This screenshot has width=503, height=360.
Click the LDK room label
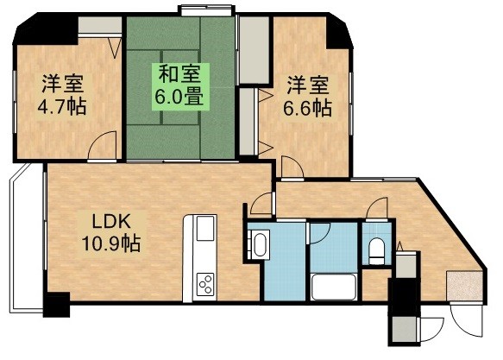110,221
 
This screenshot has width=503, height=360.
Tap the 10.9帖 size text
111,243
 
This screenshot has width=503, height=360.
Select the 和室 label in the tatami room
180,74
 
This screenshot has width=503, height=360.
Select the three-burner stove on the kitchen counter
204,284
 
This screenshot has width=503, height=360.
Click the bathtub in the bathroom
334,287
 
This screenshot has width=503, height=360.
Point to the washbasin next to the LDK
260,245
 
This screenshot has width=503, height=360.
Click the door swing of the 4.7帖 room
102,145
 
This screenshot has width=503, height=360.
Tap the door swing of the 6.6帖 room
292,167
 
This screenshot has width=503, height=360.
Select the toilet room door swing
377,209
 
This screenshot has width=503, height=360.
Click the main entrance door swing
466,320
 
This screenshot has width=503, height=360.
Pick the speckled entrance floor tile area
465,287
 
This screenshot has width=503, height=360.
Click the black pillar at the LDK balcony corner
56,305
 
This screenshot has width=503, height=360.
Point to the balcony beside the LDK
27,237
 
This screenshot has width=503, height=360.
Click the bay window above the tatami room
206,10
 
